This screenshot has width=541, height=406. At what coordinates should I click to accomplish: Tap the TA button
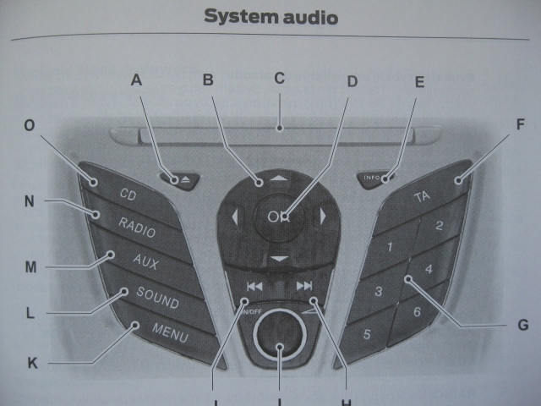[x=423, y=196]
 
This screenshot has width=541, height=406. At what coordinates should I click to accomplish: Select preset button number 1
[x=389, y=248]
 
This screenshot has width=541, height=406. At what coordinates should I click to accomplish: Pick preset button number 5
[x=367, y=333]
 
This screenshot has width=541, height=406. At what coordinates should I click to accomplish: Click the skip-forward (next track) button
[x=305, y=286]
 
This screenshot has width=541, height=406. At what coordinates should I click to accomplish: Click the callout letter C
[x=280, y=78]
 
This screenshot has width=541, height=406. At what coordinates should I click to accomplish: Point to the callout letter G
[x=522, y=324]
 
